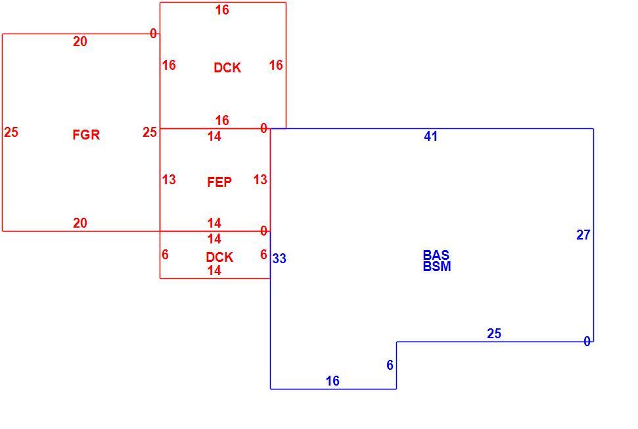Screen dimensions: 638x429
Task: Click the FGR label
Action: (86, 134)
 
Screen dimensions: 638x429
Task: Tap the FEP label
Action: (219, 182)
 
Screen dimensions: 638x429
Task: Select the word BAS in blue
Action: (436, 255)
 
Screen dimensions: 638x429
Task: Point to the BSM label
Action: (437, 266)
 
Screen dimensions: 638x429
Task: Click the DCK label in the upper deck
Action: (227, 68)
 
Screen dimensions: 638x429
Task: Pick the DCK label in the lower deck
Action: (219, 257)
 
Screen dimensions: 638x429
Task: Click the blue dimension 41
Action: (431, 136)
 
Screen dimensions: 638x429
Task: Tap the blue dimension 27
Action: (583, 235)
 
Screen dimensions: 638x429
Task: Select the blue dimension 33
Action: (279, 259)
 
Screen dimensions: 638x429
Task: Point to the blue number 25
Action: (494, 333)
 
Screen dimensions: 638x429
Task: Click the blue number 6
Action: (390, 365)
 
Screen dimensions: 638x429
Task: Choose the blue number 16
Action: (333, 381)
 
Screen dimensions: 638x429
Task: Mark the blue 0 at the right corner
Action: (587, 341)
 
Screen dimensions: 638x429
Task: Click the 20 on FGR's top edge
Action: (80, 41)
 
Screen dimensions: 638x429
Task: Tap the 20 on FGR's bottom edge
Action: (80, 223)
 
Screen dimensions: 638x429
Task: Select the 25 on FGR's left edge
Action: (11, 132)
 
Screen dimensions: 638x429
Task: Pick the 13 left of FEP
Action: (169, 179)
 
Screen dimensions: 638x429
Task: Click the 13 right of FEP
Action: (260, 179)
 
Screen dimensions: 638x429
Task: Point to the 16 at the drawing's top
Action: (222, 10)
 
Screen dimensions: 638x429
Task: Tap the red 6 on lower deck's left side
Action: (165, 254)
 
